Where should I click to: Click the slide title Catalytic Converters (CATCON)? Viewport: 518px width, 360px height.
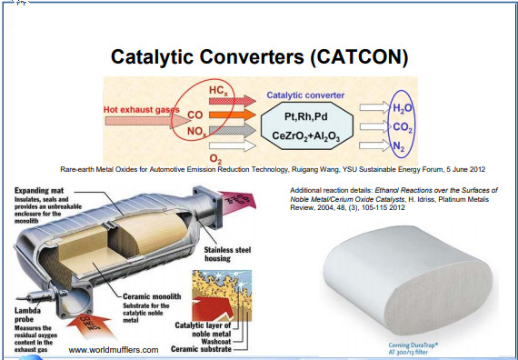click(x=259, y=56)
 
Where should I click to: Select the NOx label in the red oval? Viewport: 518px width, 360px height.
click(x=196, y=133)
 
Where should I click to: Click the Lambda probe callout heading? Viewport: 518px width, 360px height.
click(x=27, y=310)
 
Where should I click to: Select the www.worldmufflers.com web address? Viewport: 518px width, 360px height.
click(x=113, y=349)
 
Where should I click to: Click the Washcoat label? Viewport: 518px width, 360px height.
click(x=211, y=340)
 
